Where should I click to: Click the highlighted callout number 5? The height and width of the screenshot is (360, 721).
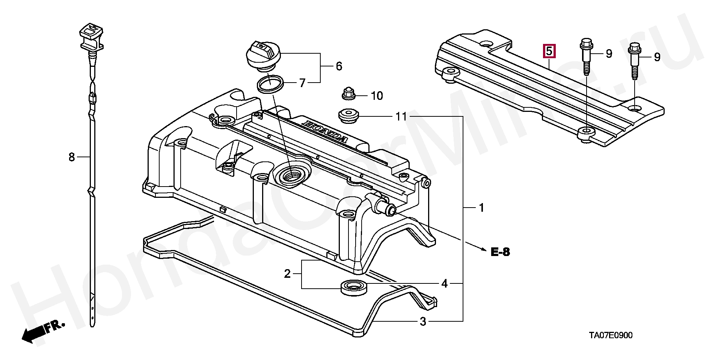pos(549,51)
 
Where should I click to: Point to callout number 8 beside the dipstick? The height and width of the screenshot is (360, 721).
pos(72,157)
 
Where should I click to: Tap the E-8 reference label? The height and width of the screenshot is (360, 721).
pos(501,252)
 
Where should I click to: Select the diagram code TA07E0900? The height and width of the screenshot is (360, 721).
pos(610,335)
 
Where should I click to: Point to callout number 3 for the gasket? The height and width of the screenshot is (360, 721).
pos(423,321)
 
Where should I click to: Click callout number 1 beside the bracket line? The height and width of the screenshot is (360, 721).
pos(481,208)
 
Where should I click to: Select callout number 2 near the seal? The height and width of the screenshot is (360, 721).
pos(287,274)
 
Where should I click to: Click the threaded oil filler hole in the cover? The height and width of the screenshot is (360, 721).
pos(293,175)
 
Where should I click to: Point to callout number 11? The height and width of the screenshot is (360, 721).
pos(401,117)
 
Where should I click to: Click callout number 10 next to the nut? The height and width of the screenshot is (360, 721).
pos(377,96)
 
